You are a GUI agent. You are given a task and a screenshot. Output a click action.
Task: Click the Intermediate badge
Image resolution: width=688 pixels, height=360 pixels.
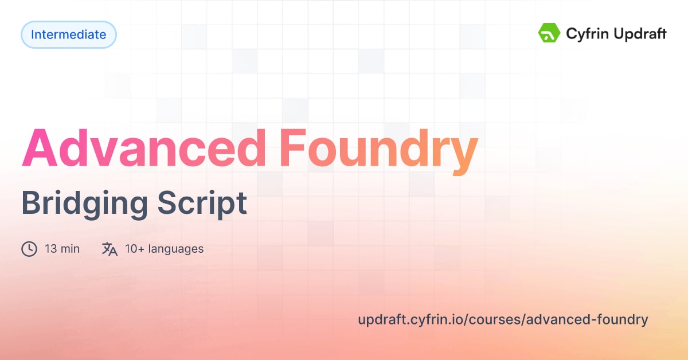pyautogui.click(x=69, y=34)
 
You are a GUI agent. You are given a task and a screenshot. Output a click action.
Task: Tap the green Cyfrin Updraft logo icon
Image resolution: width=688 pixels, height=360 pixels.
pyautogui.click(x=549, y=33)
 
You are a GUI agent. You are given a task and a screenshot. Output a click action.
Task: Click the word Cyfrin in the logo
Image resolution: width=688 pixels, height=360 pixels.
pyautogui.click(x=584, y=34)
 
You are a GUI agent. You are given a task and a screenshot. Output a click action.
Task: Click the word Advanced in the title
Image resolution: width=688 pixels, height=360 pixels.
pyautogui.click(x=143, y=148)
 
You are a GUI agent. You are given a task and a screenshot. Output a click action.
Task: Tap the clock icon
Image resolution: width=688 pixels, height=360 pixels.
pyautogui.click(x=29, y=249)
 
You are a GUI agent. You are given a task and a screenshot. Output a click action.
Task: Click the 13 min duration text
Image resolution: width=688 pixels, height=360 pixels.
pyautogui.click(x=62, y=249)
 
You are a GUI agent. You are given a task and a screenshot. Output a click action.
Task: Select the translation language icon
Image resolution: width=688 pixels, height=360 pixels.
pyautogui.click(x=110, y=249)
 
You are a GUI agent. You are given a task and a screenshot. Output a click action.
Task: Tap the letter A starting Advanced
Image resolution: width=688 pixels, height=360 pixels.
pyautogui.click(x=42, y=148)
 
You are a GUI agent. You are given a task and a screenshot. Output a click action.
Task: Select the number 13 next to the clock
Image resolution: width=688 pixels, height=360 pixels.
pyautogui.click(x=50, y=249)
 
